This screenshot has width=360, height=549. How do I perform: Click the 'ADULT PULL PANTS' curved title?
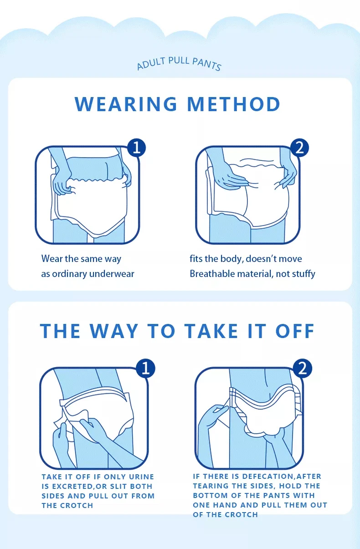tap(179, 63)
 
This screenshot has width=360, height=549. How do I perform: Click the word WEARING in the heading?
tap(126, 104)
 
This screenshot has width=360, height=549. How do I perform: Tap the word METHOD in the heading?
tap(234, 104)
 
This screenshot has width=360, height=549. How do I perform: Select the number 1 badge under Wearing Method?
tap(136, 148)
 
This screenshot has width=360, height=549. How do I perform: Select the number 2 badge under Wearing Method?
tap(299, 148)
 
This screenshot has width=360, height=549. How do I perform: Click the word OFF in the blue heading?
tap(295, 331)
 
